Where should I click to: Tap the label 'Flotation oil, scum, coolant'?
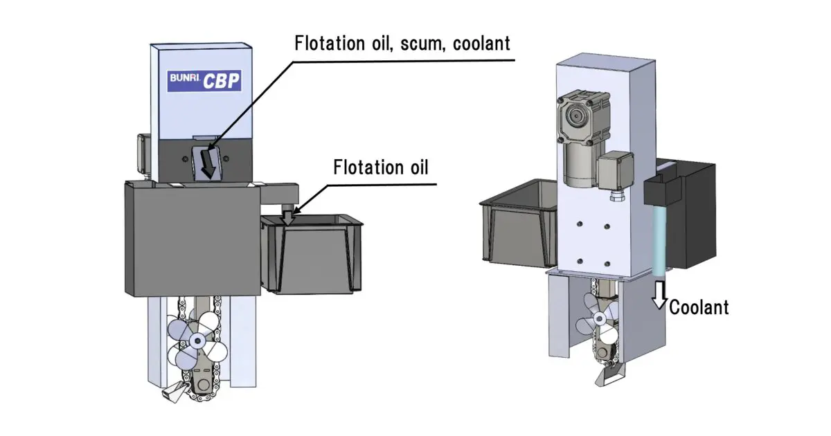coord(402,43)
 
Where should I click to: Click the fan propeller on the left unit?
coord(197,340)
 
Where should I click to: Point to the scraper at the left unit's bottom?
coord(170,394)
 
